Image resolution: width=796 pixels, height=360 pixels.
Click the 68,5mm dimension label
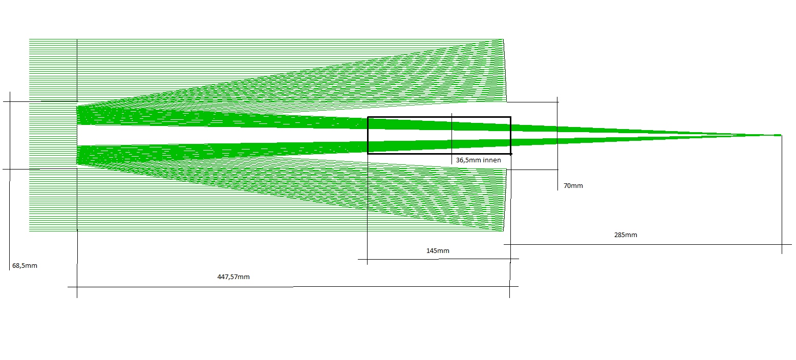pyautogui.click(x=25, y=265)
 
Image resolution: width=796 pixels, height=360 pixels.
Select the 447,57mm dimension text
pyautogui.click(x=233, y=277)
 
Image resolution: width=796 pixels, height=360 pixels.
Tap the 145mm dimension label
pyautogui.click(x=438, y=250)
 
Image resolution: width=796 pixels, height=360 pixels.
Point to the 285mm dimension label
pyautogui.click(x=626, y=235)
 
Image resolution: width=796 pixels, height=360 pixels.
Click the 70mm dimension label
pyautogui.click(x=573, y=185)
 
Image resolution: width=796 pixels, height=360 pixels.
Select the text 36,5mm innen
pyautogui.click(x=478, y=160)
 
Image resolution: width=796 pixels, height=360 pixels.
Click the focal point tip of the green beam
pyautogui.click(x=781, y=135)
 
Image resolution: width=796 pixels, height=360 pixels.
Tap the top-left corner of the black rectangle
pyautogui.click(x=368, y=117)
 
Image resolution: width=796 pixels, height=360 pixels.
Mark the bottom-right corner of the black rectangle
pyautogui.click(x=511, y=154)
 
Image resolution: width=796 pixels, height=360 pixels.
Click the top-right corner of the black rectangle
pyautogui.click(x=511, y=117)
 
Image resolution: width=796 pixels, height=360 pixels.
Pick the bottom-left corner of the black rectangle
pyautogui.click(x=368, y=154)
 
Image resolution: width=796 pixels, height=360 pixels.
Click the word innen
pyautogui.click(x=492, y=160)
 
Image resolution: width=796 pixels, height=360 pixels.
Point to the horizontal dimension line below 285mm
pyautogui.click(x=648, y=244)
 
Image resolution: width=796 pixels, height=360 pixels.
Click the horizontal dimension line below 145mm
pyautogui.click(x=438, y=259)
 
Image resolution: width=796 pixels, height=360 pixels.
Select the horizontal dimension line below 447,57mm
pyautogui.click(x=293, y=286)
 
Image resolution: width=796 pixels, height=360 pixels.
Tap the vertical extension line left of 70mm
pyautogui.click(x=557, y=143)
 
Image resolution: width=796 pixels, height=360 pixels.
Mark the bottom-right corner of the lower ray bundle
pyautogui.click(x=503, y=231)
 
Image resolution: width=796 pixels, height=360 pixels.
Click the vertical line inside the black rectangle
pyautogui.click(x=451, y=139)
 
